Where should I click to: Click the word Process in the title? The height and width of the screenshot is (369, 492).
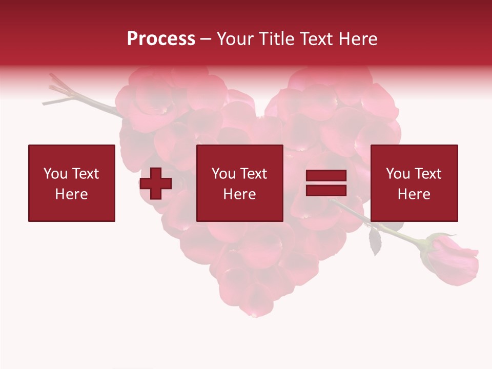[x=161, y=39]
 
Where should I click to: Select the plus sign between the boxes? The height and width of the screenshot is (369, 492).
[x=156, y=184]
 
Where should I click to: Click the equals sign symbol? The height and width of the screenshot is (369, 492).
[x=326, y=183]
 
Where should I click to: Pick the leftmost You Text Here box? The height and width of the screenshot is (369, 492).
[x=72, y=183]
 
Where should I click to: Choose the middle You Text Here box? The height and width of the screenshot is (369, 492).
[x=239, y=183]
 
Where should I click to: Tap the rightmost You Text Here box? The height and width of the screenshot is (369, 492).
[x=414, y=183]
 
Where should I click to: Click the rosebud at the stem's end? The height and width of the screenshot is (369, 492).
[x=450, y=259]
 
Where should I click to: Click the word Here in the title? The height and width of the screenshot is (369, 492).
[x=359, y=39]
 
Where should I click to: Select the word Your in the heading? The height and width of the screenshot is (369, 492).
[x=233, y=39]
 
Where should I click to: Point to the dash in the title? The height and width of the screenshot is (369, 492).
[x=206, y=39]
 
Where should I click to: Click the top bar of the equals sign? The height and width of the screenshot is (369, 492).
[x=326, y=176]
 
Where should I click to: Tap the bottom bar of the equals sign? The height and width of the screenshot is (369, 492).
[x=326, y=191]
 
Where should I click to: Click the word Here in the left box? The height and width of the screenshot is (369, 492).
[x=71, y=194]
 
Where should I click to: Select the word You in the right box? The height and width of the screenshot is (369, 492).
[x=398, y=174]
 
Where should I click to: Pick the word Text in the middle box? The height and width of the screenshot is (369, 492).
[x=253, y=174]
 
